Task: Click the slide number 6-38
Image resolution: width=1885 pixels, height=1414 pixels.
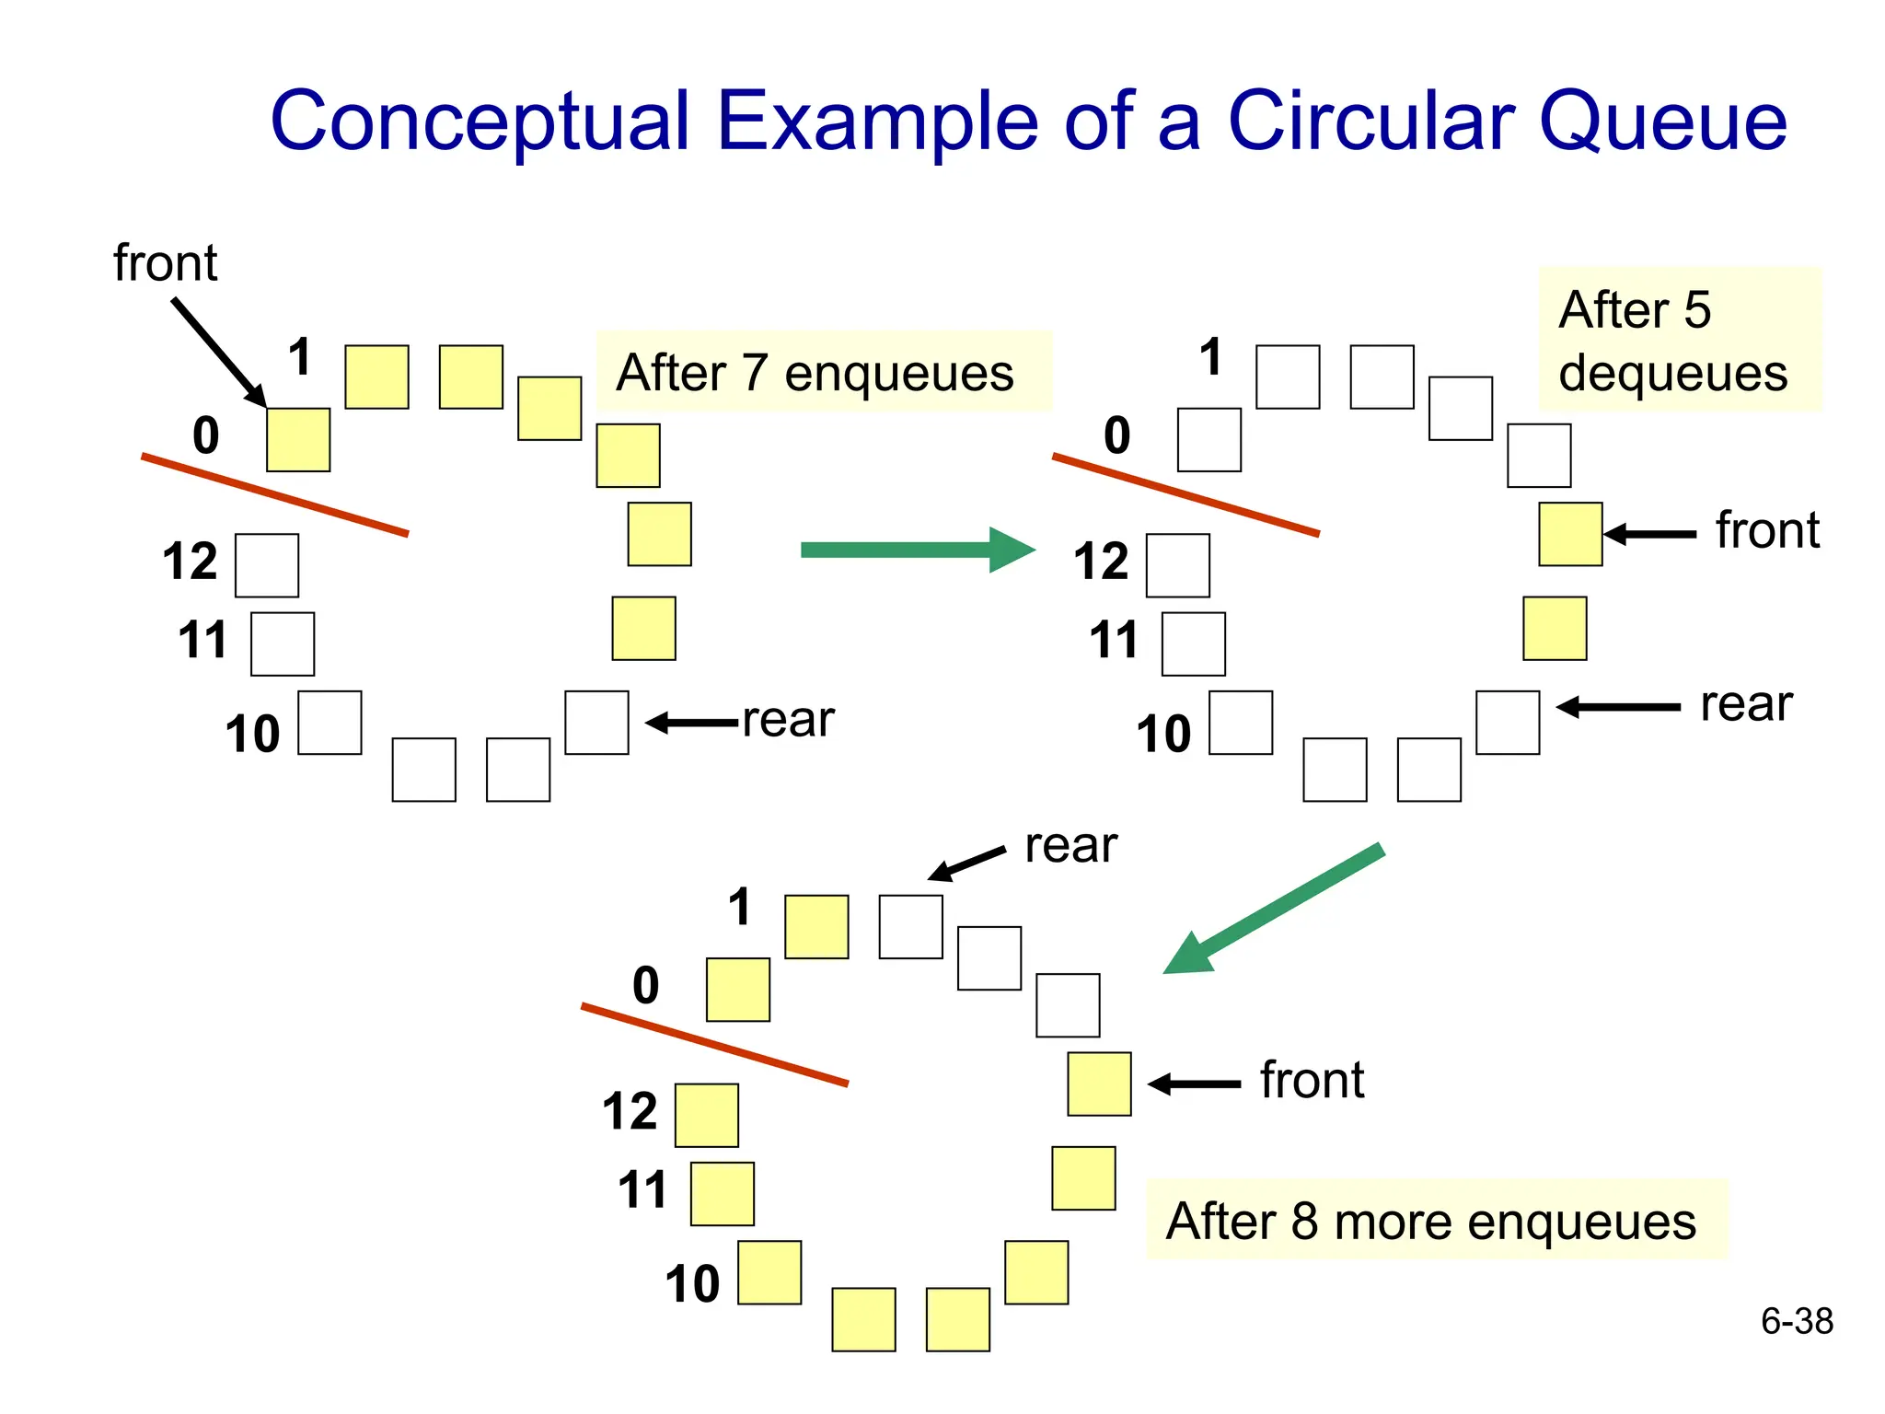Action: click(1797, 1322)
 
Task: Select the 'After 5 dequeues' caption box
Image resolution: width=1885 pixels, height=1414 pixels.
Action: click(1679, 340)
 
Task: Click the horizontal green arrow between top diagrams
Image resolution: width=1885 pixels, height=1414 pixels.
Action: click(917, 551)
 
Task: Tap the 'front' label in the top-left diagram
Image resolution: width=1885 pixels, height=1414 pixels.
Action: click(166, 263)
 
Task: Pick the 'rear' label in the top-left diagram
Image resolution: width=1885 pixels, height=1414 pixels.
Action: click(788, 719)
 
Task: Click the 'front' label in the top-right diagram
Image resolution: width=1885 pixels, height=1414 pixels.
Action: click(1767, 530)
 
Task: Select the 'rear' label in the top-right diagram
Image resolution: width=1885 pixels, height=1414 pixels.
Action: click(1746, 704)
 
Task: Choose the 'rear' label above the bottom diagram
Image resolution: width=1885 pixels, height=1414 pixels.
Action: click(1070, 845)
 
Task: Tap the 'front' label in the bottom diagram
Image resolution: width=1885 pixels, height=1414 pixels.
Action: click(1312, 1081)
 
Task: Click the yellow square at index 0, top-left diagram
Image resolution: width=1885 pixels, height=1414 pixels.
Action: click(298, 440)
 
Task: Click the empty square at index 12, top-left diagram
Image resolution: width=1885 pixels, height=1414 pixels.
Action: click(267, 565)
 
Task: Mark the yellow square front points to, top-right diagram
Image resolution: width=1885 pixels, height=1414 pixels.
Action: click(1570, 534)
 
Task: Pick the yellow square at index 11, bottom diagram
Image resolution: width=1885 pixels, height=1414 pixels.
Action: click(723, 1194)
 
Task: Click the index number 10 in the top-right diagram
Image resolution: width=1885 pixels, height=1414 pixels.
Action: click(1163, 735)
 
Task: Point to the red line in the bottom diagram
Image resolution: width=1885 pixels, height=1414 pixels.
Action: click(714, 1045)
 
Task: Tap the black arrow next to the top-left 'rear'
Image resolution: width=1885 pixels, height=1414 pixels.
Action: click(692, 723)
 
